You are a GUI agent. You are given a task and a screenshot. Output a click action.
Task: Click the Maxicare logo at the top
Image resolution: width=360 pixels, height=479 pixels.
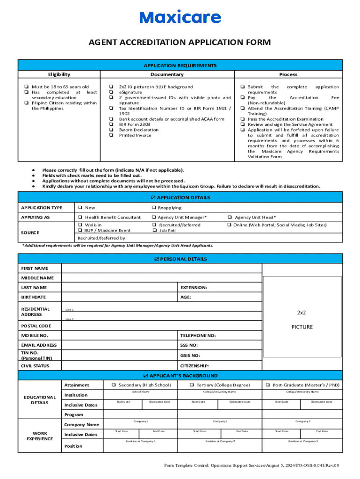coord(180,18)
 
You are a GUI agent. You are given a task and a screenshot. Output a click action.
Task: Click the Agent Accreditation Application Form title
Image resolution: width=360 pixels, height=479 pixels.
coord(180,43)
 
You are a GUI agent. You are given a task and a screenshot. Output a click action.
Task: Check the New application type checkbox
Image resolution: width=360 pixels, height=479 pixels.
coord(81,208)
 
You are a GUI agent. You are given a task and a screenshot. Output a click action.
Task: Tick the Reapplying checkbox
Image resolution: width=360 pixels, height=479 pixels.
coord(153,208)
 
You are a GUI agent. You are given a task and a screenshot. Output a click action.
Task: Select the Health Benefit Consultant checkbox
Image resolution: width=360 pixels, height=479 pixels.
coord(81,218)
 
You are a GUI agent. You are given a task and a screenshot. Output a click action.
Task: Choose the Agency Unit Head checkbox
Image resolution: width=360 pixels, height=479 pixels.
coord(230,218)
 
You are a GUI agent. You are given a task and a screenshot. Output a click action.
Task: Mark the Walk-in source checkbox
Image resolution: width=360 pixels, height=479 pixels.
coord(81,225)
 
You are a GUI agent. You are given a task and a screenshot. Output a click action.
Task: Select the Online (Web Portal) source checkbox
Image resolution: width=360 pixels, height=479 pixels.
coord(229,225)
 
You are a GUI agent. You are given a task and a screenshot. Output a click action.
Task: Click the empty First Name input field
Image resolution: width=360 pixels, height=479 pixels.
coord(161,268)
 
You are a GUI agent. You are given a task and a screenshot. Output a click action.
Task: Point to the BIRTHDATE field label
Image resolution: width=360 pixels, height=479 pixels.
coord(34,297)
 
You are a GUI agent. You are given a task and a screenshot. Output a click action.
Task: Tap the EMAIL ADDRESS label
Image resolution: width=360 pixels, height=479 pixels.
coord(39,345)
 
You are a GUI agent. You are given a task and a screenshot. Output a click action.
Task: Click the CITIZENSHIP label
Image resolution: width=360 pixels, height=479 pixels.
coord(194,366)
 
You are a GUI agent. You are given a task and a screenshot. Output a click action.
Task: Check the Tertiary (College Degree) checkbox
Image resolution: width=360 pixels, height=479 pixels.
coord(192,385)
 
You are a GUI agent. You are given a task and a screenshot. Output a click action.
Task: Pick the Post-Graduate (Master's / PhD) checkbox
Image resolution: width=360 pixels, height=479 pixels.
coord(268,385)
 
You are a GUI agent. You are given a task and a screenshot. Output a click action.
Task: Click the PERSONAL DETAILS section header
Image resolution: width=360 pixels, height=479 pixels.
coord(180,259)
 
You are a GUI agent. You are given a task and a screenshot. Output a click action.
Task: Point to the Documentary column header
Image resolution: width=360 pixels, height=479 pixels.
coord(167,74)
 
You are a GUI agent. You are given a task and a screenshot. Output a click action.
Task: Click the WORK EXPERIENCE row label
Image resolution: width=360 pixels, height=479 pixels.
coord(40,435)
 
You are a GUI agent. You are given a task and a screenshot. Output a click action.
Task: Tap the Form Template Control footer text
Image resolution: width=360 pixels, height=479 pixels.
coord(251,465)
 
